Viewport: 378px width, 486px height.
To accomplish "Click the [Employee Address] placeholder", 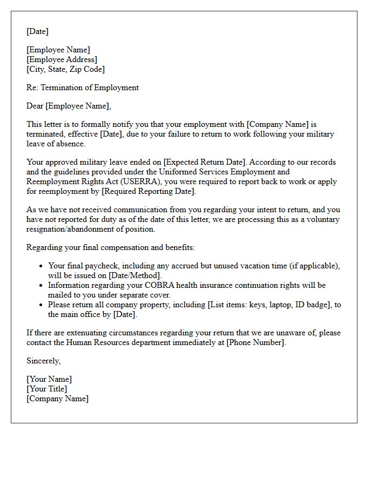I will point(62,59).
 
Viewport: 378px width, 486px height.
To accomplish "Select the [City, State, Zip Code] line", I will point(66,69).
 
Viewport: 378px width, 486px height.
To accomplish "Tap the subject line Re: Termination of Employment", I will point(83,87).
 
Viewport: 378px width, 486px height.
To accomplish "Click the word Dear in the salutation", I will point(35,106).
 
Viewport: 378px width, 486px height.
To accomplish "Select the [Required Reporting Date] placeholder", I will point(148,191).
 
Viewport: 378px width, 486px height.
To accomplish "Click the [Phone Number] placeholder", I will point(255,342).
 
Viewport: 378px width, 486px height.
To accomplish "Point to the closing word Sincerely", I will point(43,361).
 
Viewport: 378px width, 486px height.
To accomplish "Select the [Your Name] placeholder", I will point(49,379).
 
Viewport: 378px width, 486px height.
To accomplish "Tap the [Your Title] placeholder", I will point(47,389).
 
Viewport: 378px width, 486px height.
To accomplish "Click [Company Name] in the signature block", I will point(58,399).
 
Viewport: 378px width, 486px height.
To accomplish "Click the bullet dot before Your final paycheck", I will point(42,266).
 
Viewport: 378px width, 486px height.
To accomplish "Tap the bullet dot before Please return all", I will point(42,305).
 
